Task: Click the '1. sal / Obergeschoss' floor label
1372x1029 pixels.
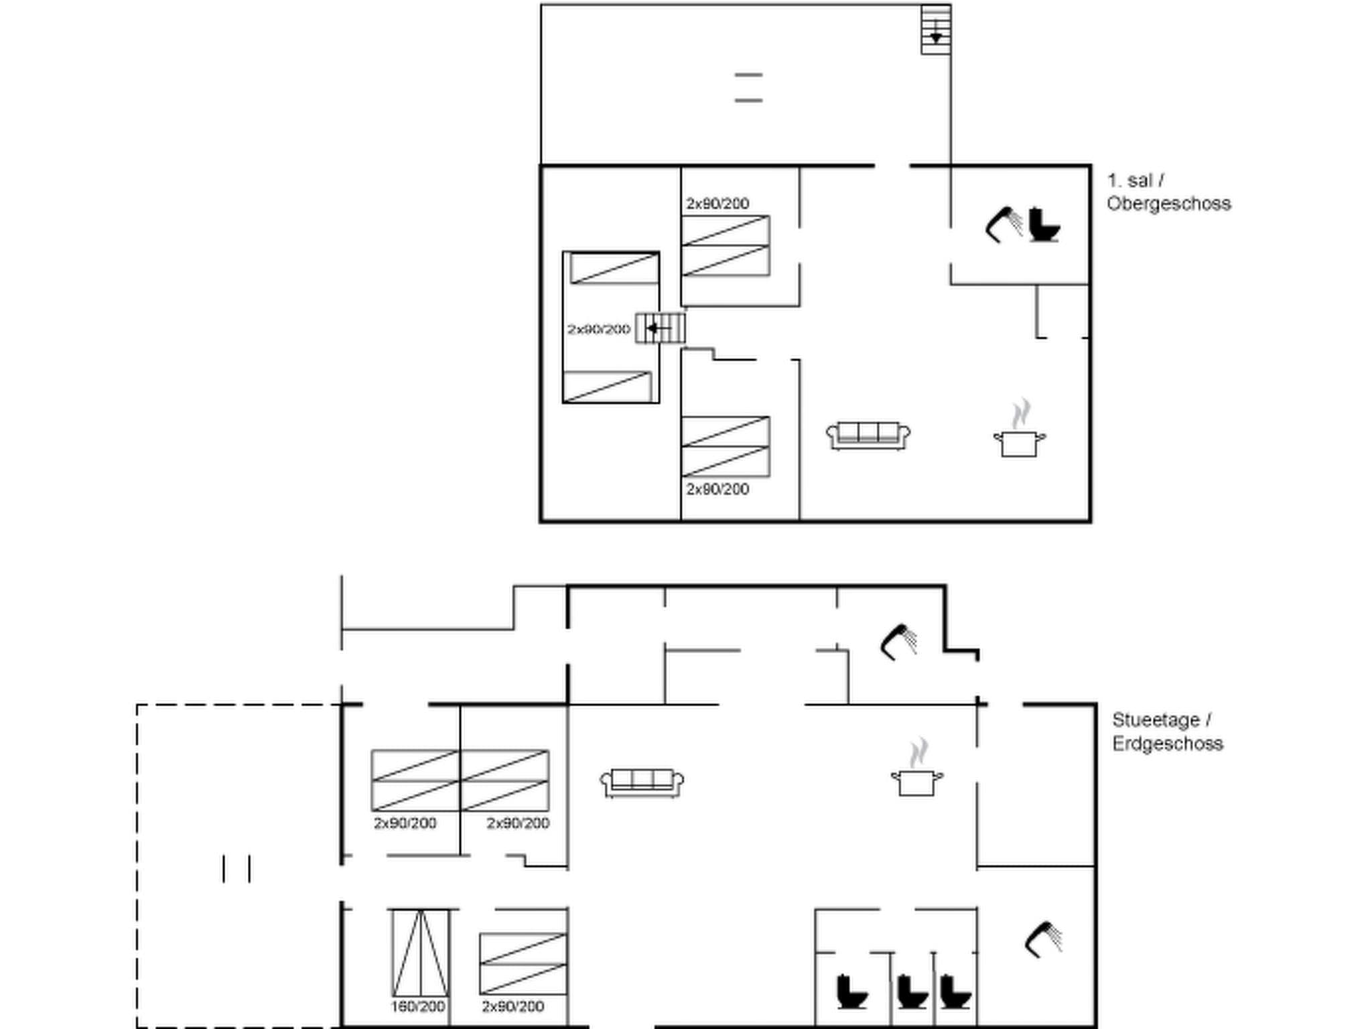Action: pyautogui.click(x=1168, y=192)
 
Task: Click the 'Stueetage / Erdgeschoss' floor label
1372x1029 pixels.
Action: pyautogui.click(x=1166, y=732)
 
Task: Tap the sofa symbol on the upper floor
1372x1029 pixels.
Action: pyautogui.click(x=868, y=435)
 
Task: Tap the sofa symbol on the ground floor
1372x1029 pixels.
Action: pyautogui.click(x=642, y=782)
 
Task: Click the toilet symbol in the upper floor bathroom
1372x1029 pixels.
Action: pyautogui.click(x=1043, y=224)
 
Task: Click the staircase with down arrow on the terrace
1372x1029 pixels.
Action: pyautogui.click(x=936, y=30)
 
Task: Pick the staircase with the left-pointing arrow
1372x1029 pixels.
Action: pyautogui.click(x=660, y=328)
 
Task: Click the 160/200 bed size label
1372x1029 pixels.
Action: pyautogui.click(x=418, y=1006)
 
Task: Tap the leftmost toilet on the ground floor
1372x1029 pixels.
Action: pyautogui.click(x=851, y=991)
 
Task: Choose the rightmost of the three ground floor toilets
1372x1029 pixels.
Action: pyautogui.click(x=955, y=991)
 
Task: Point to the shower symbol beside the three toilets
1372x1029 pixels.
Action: pyautogui.click(x=1044, y=939)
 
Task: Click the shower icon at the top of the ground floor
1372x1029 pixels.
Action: pyautogui.click(x=898, y=642)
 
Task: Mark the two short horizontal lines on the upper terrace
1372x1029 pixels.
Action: pyautogui.click(x=748, y=87)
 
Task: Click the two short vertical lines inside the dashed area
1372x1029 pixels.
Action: pyautogui.click(x=236, y=868)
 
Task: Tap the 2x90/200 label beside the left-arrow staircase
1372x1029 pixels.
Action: pyautogui.click(x=598, y=329)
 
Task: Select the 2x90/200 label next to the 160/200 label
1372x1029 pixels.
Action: pyautogui.click(x=512, y=1006)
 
